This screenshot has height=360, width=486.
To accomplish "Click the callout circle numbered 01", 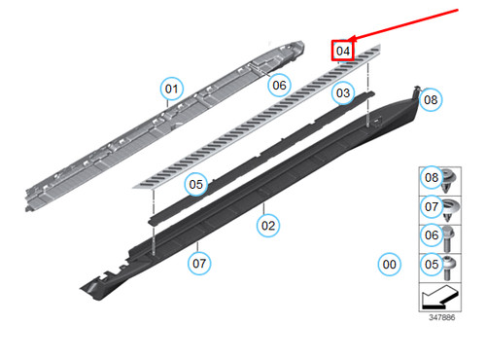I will pos(172,90).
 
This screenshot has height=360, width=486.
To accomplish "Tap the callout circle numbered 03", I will pos(342,93).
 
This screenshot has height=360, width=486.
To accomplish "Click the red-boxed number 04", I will pos(342,51).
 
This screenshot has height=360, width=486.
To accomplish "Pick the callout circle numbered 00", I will pos(389,264).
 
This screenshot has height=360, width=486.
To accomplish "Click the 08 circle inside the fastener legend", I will pos(431,178).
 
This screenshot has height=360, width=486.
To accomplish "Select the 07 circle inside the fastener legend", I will pos(431,206).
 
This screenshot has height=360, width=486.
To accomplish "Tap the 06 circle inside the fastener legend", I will pos(431,234).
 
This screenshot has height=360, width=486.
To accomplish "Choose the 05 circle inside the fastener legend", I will pos(431,263).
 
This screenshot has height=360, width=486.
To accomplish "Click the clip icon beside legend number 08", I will pos(451,178).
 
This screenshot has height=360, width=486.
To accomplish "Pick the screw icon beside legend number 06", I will pos(451,234).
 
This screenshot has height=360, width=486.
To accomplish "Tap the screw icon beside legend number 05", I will pos(451,263).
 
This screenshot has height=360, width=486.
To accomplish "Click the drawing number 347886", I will pos(441,317).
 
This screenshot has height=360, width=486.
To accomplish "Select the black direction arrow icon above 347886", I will pos(440,294).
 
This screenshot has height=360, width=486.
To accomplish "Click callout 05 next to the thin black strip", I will pos(196,183).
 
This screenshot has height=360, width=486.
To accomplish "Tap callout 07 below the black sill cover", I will pos(199,262).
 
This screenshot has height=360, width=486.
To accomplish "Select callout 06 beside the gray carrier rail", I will pos(279,85).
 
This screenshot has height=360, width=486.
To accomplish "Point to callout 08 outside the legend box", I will pos(431,99).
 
